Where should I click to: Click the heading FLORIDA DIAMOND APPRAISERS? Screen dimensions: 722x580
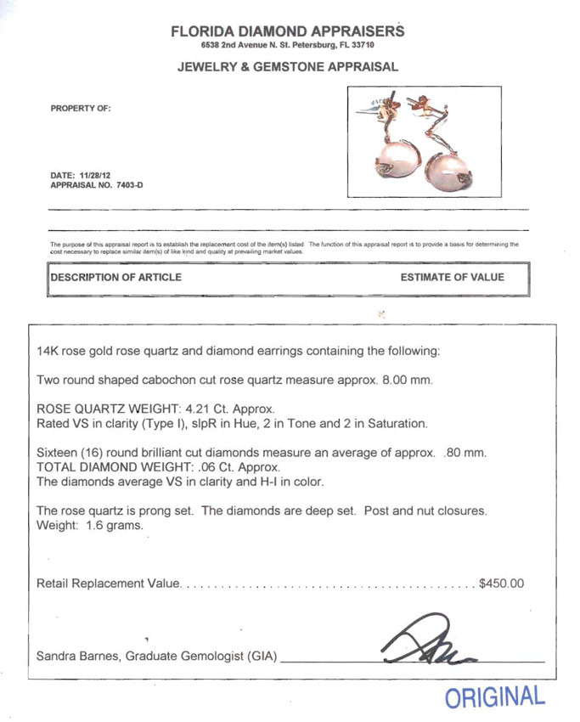point(287,31)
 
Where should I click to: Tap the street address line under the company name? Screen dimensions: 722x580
point(287,45)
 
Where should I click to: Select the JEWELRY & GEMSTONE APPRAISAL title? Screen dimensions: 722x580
point(287,67)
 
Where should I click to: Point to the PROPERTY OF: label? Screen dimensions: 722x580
point(81,109)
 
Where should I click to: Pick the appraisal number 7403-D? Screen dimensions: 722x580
point(125,185)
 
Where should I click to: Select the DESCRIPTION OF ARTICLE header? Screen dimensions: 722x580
point(115,278)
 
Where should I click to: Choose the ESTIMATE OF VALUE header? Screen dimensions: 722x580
point(452,278)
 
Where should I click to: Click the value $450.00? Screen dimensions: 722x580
point(502,584)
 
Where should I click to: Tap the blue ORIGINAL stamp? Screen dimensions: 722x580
point(494,697)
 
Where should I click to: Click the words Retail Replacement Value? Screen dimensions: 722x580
point(109,584)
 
